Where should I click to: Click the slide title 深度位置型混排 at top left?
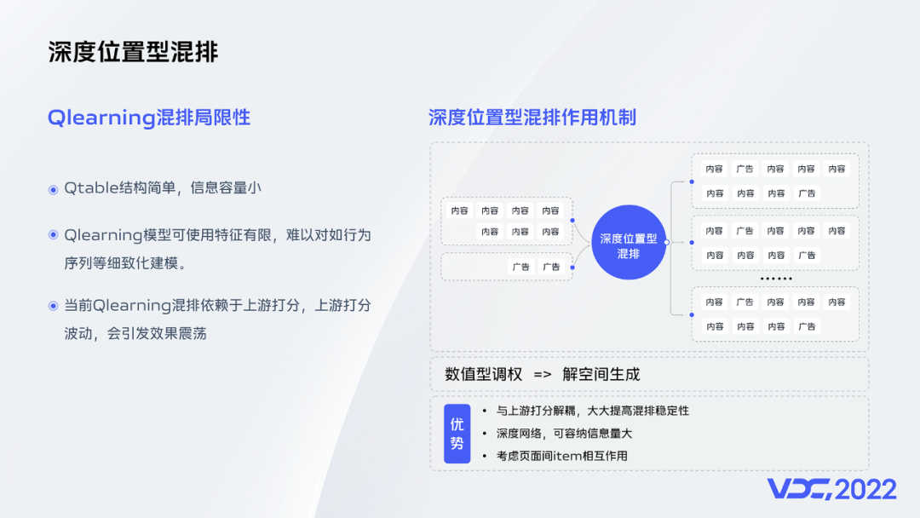133,51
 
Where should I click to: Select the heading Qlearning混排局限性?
149,118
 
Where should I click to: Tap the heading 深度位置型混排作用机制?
532,118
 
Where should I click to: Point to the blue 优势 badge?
457,434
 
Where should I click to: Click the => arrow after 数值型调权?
543,374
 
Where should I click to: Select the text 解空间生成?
601,374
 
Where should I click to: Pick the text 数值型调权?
481,374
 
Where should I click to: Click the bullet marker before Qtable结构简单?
53,189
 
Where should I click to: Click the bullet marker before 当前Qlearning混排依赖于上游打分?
53,306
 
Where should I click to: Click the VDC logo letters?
798,489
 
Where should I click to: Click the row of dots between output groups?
776,279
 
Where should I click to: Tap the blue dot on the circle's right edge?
666,242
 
